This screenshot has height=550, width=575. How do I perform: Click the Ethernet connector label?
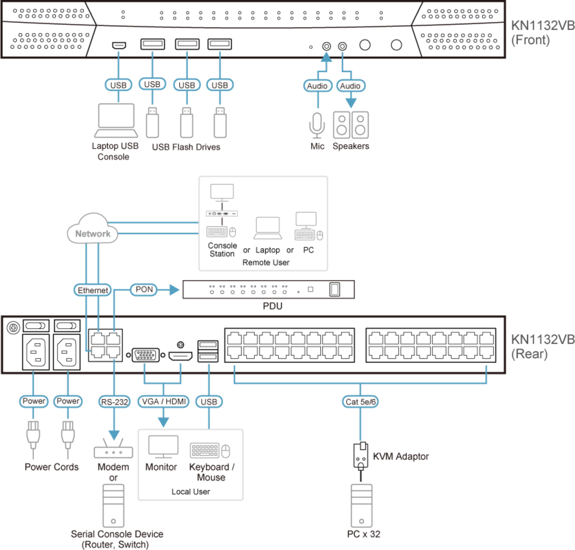(x=92, y=290)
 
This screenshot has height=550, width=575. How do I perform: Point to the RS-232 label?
(x=114, y=402)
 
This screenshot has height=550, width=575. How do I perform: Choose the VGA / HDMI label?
(x=163, y=401)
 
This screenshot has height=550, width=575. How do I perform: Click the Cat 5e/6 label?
(x=360, y=402)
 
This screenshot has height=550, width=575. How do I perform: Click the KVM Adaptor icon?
(x=361, y=456)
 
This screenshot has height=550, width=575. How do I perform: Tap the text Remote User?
(x=265, y=262)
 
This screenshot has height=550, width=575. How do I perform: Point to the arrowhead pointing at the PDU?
(x=174, y=290)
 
